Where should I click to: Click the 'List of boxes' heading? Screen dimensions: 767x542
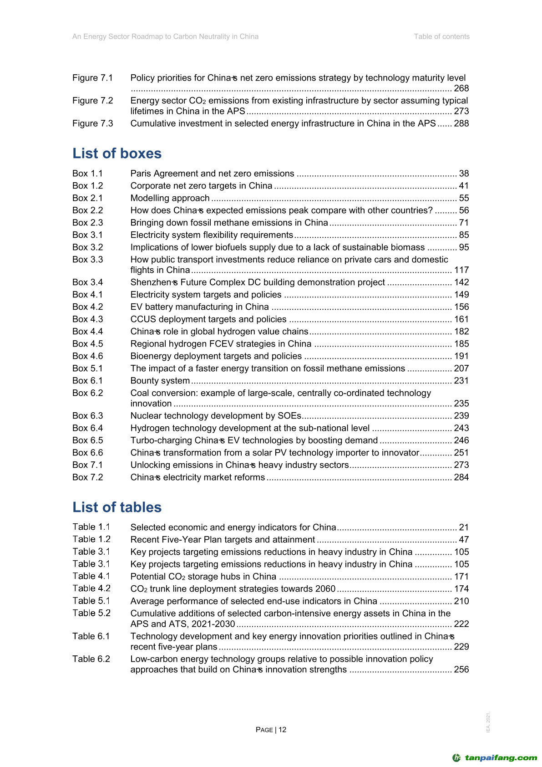tap(117, 153)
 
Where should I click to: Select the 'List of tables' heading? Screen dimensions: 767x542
tap(117, 507)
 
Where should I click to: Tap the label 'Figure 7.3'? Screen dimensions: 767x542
tap(92, 123)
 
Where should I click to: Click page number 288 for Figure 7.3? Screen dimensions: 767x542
tap(461, 123)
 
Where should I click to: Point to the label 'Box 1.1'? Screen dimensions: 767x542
tap(87, 174)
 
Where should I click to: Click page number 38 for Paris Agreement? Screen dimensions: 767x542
tap(464, 174)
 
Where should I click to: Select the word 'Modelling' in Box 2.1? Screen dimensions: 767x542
tap(149, 198)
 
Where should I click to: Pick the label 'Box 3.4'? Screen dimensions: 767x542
tap(87, 282)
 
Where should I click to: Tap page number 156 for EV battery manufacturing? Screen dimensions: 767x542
tap(461, 307)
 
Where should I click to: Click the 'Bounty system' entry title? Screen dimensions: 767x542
tap(160, 381)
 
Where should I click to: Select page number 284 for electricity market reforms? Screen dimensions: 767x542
tap(461, 477)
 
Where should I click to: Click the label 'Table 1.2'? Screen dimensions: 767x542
tap(91, 539)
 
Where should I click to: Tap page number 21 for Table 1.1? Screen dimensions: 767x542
tap(464, 527)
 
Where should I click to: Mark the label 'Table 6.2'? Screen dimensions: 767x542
tap(91, 659)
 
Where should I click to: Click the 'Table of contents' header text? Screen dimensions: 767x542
tap(441, 36)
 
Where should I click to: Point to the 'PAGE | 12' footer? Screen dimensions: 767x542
tap(271, 730)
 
